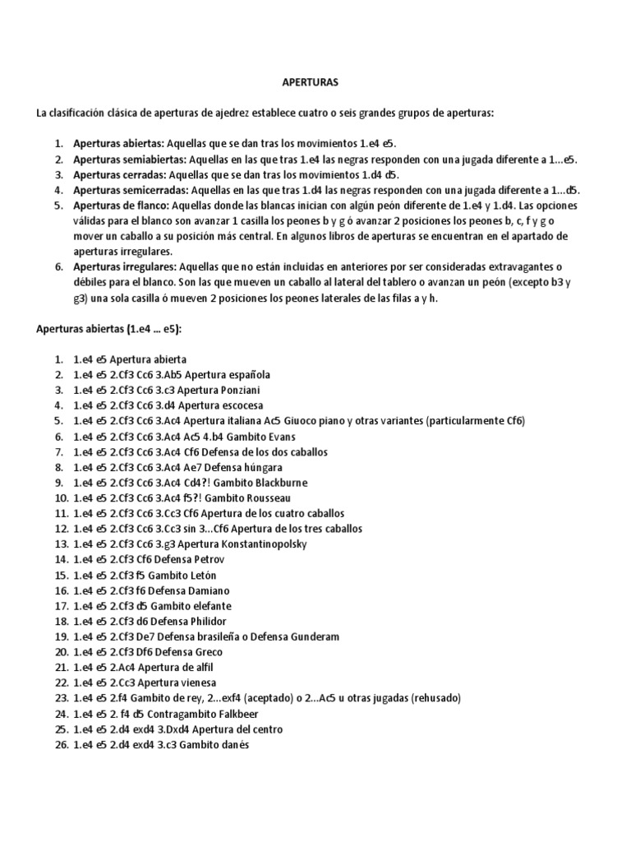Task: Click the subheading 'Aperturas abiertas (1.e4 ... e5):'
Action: click(110, 329)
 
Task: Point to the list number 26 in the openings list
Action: click(58, 745)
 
